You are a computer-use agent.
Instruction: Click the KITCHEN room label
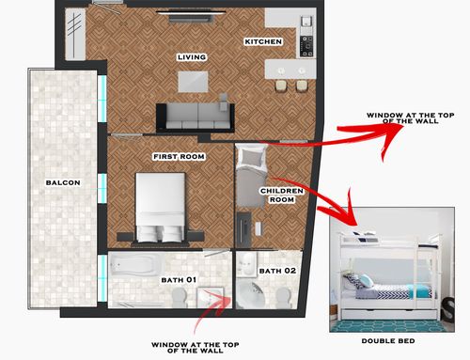click(x=263, y=41)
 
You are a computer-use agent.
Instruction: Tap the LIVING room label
click(x=192, y=57)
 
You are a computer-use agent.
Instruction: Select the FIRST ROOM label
click(x=179, y=156)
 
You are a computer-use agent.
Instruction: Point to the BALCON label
click(x=63, y=182)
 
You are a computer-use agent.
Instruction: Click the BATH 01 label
click(x=179, y=280)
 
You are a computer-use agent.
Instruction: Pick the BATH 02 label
click(x=277, y=271)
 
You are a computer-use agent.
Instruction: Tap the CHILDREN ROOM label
click(x=282, y=196)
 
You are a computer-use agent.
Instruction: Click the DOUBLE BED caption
click(x=388, y=341)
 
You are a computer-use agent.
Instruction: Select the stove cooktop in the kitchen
click(x=306, y=46)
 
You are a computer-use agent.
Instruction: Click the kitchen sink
click(x=306, y=22)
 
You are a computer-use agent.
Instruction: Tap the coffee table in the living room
click(x=193, y=82)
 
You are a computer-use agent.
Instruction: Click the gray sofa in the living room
click(x=196, y=117)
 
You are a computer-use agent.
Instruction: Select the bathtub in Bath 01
click(x=136, y=265)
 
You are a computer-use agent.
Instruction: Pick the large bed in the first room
click(x=160, y=208)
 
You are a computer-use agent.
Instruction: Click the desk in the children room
click(x=243, y=229)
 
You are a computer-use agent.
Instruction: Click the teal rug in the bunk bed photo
click(x=387, y=326)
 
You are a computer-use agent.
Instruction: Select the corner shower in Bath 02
click(x=249, y=293)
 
